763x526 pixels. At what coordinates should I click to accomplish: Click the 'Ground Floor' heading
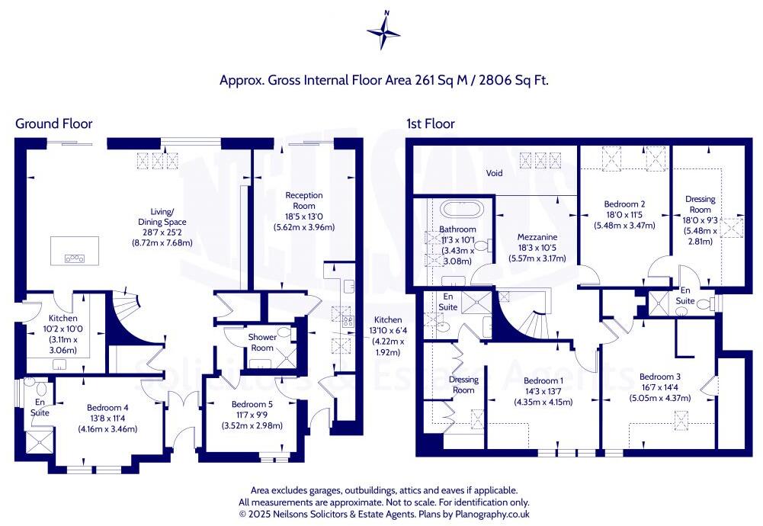pyautogui.click(x=54, y=123)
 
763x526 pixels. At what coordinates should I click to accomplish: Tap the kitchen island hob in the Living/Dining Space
pyautogui.click(x=75, y=258)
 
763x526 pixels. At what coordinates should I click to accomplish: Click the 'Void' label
pyautogui.click(x=495, y=174)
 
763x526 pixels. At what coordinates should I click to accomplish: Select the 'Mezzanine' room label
pyautogui.click(x=536, y=237)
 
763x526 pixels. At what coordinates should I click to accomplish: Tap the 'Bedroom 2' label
pyautogui.click(x=625, y=204)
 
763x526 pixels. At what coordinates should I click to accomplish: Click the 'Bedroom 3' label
pyautogui.click(x=660, y=377)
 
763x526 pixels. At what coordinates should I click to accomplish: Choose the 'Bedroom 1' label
pyautogui.click(x=544, y=381)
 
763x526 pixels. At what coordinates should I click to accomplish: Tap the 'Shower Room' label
pyautogui.click(x=262, y=342)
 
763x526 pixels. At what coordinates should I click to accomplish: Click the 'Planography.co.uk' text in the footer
pyautogui.click(x=484, y=515)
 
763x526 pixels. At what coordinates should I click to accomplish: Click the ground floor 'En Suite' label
pyautogui.click(x=40, y=407)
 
